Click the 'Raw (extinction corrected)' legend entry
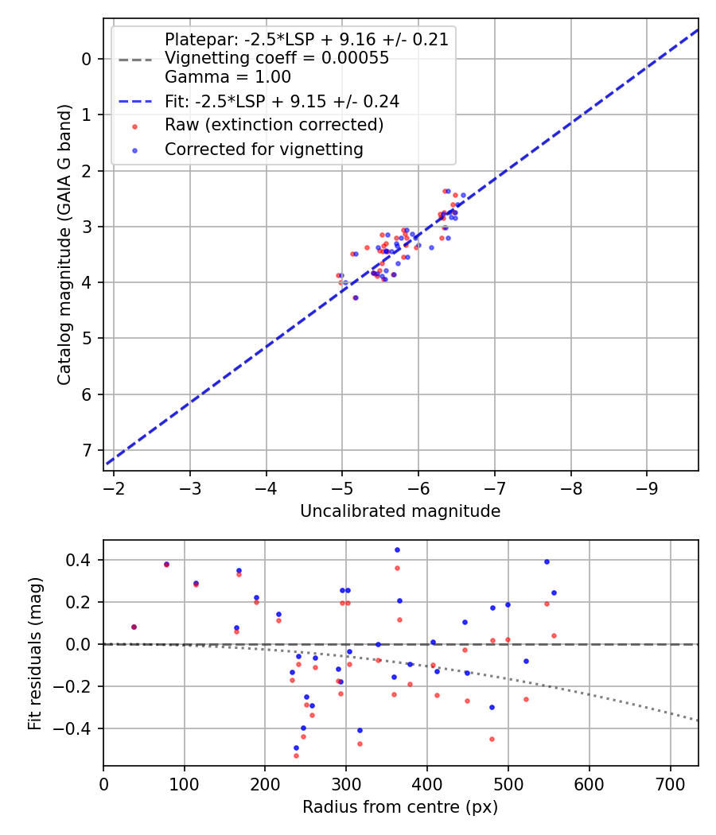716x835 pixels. click(x=274, y=125)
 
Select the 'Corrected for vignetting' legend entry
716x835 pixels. click(x=263, y=149)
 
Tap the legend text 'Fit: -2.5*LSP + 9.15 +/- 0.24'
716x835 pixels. click(x=282, y=101)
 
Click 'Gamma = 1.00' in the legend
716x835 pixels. click(x=228, y=77)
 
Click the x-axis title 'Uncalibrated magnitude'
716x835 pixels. click(x=400, y=511)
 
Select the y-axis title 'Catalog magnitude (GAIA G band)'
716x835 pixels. click(x=65, y=244)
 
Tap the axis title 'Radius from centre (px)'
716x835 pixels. click(x=400, y=807)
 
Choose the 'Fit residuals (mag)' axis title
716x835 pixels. click(x=34, y=653)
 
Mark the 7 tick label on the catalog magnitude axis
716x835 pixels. click(x=88, y=451)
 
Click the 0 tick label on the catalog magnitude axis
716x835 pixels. click(x=88, y=59)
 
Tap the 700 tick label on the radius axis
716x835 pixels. click(x=670, y=783)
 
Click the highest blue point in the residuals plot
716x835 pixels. click(x=397, y=550)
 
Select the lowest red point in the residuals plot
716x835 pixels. click(x=296, y=755)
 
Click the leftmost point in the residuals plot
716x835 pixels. click(x=134, y=627)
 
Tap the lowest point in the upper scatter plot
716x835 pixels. click(x=355, y=297)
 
